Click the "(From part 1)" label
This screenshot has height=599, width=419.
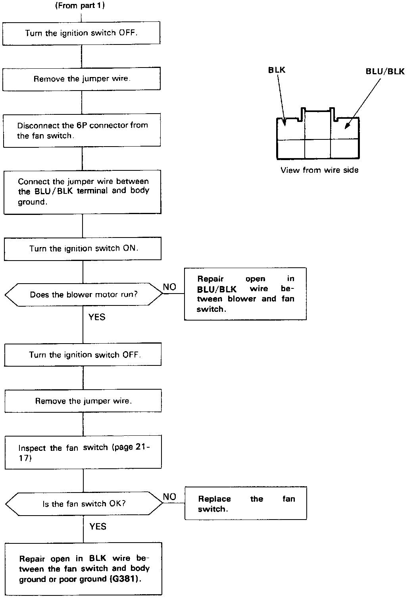(x=80, y=6)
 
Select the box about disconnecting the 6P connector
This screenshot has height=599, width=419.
(x=82, y=131)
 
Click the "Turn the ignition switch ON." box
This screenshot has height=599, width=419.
(x=83, y=249)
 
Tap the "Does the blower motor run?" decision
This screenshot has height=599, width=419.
(x=84, y=295)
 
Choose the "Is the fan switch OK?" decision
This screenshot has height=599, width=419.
(x=84, y=504)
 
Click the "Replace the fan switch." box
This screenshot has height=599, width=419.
(x=246, y=503)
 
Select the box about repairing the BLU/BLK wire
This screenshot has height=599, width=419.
(x=245, y=294)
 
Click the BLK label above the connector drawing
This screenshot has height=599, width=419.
(x=277, y=70)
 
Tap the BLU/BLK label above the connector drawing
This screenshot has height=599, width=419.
(x=385, y=71)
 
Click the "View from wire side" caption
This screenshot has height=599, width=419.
(x=319, y=170)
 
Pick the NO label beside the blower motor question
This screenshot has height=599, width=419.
(x=169, y=287)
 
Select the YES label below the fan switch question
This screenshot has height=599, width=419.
(x=98, y=526)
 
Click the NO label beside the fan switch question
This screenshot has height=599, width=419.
(x=169, y=497)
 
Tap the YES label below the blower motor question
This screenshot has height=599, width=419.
(x=97, y=317)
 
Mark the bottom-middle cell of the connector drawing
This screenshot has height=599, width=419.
(x=317, y=149)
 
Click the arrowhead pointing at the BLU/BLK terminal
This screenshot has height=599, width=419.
(x=346, y=126)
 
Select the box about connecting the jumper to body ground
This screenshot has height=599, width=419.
(x=83, y=192)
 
